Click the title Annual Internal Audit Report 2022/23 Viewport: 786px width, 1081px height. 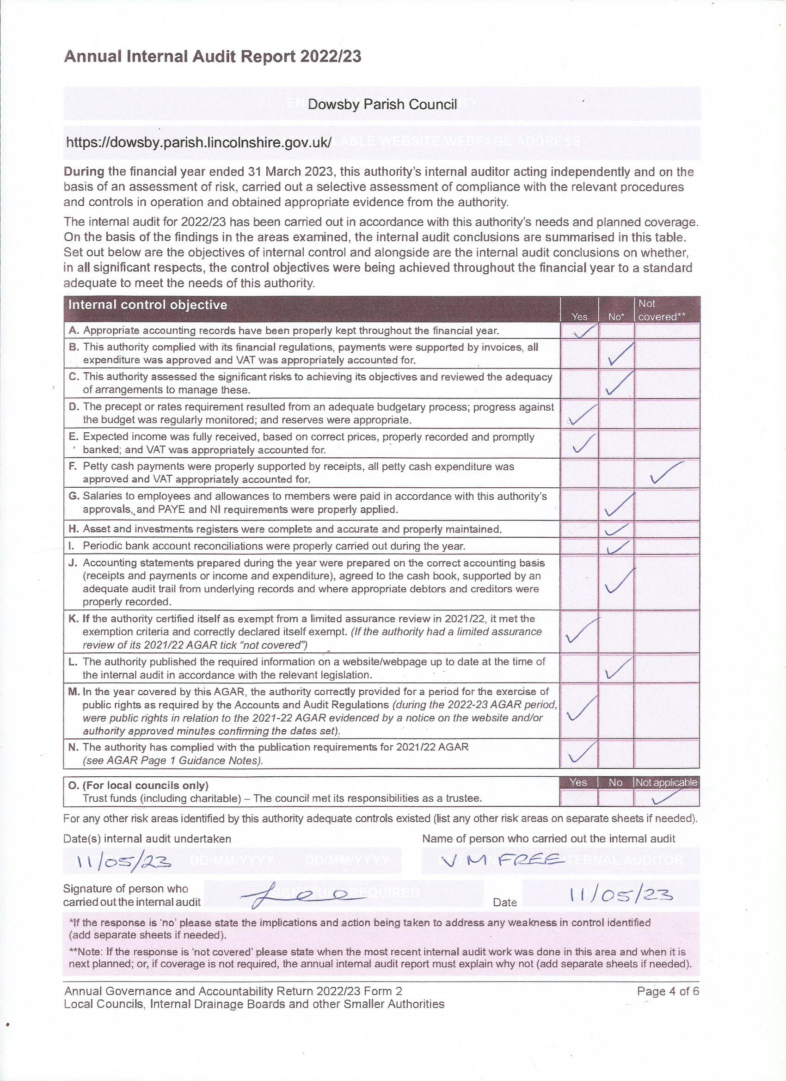(x=213, y=57)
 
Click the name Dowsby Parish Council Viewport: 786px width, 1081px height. (x=382, y=104)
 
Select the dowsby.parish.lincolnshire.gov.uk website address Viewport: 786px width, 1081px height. (x=198, y=142)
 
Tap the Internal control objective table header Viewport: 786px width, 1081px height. (x=148, y=305)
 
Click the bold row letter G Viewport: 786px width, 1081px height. (x=74, y=497)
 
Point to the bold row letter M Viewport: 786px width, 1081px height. (x=74, y=692)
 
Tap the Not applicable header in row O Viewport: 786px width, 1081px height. (x=666, y=783)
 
